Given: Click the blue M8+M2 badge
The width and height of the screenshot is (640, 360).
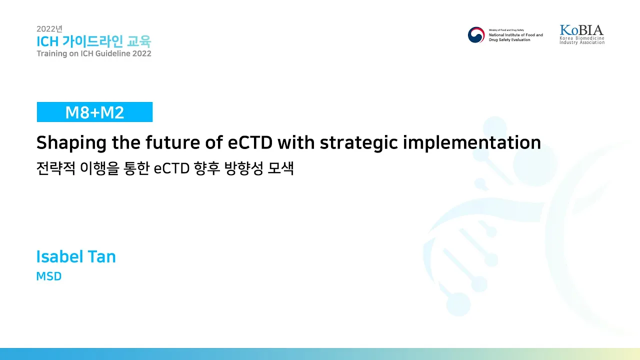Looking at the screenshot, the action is point(94,112).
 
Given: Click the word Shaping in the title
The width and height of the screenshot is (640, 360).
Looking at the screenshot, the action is point(71,142).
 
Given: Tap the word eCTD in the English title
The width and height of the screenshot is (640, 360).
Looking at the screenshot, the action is point(250,142).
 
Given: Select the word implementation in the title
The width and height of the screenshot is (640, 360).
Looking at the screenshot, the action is point(471,142).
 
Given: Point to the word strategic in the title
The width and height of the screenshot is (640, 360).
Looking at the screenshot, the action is point(358,142).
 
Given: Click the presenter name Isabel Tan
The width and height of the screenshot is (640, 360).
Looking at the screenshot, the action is point(76,256).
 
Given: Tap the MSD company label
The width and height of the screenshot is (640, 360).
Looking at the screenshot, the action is point(49,276).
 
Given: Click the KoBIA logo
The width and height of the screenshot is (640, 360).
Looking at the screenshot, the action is point(581,34).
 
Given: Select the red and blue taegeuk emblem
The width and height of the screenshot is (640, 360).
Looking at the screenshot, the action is point(476,35).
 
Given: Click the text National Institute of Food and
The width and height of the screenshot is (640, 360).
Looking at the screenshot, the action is point(515,35).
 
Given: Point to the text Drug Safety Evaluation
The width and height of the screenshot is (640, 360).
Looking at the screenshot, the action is point(509,39).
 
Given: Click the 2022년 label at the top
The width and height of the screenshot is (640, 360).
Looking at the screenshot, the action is point(49,29).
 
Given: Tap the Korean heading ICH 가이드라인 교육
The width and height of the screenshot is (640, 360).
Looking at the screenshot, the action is point(93,41).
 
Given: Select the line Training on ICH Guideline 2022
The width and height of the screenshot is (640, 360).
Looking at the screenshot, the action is point(94,53).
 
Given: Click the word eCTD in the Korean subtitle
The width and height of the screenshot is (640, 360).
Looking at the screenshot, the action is point(171,168).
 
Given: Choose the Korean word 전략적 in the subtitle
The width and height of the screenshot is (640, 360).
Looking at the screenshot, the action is point(56,168).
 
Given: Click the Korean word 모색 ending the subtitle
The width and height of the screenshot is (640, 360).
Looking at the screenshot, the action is point(280,168).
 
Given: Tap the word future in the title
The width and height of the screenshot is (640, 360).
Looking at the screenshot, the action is point(173,142).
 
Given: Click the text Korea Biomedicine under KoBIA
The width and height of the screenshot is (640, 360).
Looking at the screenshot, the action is point(581,38).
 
